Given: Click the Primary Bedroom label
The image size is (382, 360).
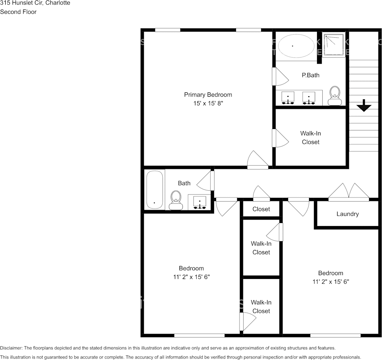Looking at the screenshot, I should pos(208,95).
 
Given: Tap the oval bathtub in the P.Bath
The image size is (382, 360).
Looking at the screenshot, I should pos(293,46).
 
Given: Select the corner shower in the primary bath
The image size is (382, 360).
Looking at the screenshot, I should pos(334,45).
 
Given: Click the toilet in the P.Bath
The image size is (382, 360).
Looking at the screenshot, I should pos(335,95).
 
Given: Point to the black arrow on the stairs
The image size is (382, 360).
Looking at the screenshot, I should pos(364,105).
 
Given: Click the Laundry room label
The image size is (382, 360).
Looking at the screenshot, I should pos(347,214).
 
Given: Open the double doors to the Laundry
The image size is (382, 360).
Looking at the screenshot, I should pos(349,192).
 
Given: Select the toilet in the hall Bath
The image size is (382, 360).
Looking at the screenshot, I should pos(176,200).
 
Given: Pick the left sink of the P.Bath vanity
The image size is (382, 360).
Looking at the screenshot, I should pos(288,98).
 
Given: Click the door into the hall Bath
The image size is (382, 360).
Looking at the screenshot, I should pos(206,181).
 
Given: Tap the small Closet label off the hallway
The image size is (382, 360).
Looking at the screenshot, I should pos(261,209).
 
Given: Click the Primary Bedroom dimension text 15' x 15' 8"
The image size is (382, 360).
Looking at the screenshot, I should pos(208,103).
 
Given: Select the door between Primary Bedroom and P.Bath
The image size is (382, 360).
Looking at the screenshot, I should pos(280,77).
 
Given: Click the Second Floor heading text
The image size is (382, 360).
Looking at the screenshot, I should pos(18,12).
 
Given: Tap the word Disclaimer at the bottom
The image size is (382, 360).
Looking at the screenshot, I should pos(11,348).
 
